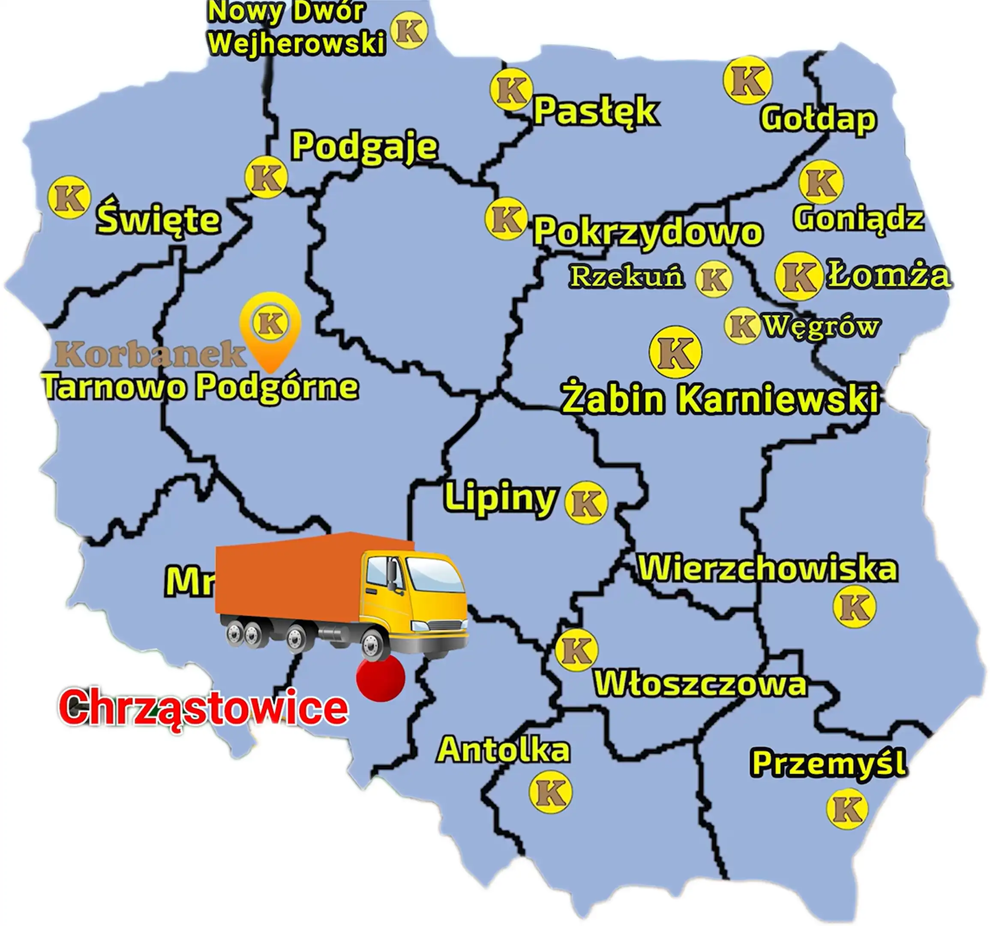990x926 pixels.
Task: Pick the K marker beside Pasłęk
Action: click(x=511, y=90)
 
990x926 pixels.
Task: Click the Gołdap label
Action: click(x=818, y=120)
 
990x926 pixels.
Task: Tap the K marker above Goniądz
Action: click(x=821, y=182)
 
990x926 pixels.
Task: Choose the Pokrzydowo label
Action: click(x=648, y=231)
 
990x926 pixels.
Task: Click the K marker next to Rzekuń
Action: click(x=714, y=279)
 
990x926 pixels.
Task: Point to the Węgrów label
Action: click(x=822, y=326)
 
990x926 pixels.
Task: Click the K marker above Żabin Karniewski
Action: click(x=675, y=352)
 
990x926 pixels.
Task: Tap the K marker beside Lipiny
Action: click(x=586, y=502)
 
